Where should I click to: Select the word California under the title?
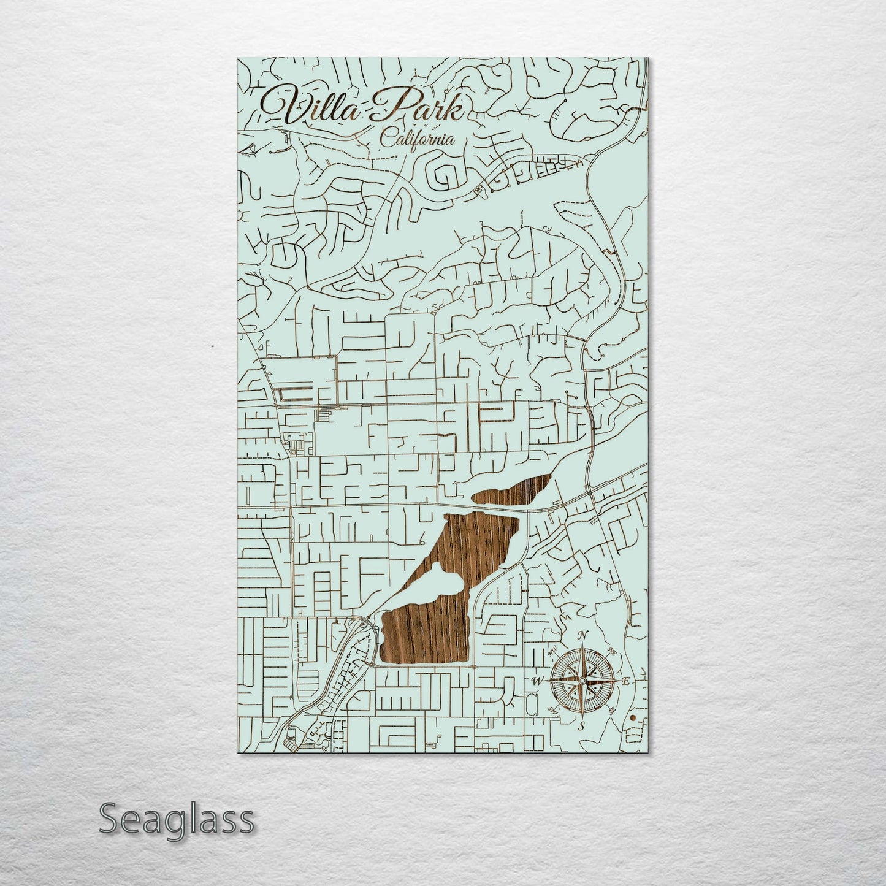pyautogui.click(x=418, y=139)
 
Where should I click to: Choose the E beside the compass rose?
pyautogui.click(x=626, y=681)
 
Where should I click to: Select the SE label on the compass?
pyautogui.click(x=613, y=710)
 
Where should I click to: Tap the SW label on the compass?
pyautogui.click(x=552, y=710)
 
